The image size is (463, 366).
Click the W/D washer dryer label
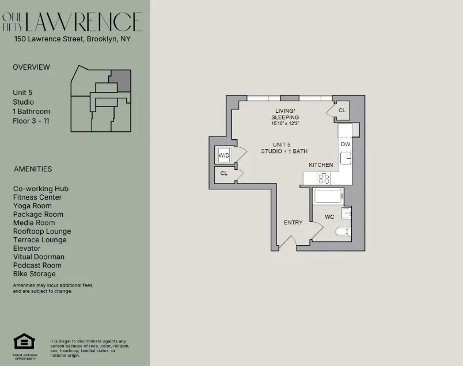223,155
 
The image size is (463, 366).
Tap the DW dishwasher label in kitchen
346,144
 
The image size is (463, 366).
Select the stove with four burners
324,178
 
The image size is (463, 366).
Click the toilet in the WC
343,232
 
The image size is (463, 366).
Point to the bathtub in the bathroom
329,197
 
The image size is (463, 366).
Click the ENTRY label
293,223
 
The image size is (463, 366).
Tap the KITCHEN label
321,165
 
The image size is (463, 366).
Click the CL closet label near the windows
342,110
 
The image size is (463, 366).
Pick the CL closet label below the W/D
223,173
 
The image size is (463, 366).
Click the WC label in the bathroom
329,217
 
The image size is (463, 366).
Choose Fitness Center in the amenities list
37,197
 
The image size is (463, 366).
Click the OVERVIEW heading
31,67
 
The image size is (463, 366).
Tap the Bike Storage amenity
35,274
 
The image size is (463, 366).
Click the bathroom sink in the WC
346,213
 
